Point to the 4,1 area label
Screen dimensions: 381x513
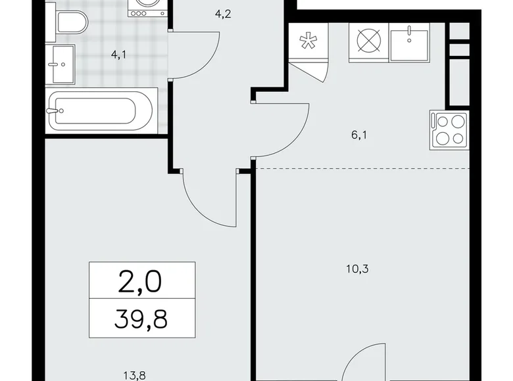click(x=119, y=56)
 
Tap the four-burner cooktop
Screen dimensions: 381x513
click(x=449, y=129)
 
